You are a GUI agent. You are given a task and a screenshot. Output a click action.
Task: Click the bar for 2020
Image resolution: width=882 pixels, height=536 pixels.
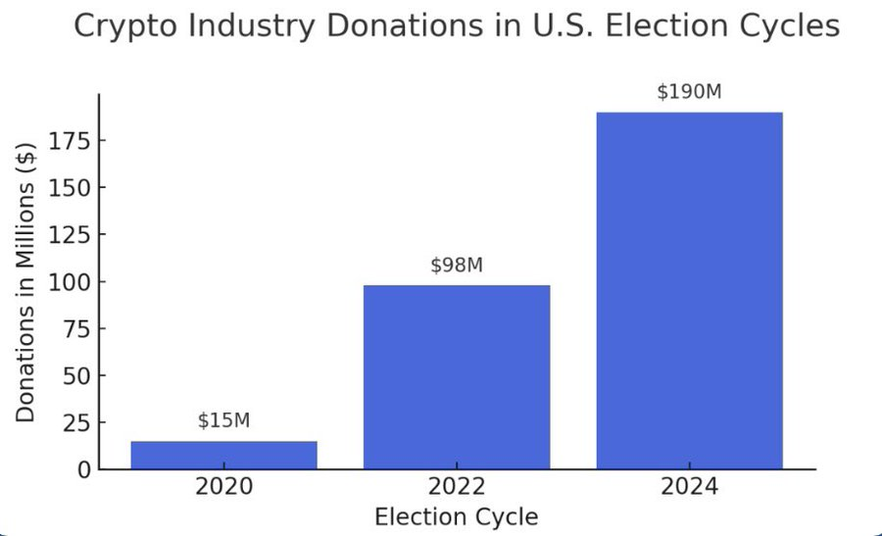223,456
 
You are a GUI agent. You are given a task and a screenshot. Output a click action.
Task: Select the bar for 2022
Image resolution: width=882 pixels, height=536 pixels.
457,377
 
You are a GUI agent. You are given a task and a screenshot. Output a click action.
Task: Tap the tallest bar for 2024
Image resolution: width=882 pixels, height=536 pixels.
689,291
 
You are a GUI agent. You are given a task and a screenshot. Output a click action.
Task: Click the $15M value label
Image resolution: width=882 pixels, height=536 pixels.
223,420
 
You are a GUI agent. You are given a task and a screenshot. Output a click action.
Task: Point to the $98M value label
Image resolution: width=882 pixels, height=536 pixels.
457,265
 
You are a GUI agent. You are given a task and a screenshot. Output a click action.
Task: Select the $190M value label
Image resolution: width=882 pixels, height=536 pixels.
689,92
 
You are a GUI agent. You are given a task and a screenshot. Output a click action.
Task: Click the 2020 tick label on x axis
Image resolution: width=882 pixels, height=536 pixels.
223,487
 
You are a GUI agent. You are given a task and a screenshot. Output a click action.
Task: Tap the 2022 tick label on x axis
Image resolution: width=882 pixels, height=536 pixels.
457,487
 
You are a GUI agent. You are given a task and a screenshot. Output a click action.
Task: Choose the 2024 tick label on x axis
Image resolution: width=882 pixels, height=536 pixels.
689,487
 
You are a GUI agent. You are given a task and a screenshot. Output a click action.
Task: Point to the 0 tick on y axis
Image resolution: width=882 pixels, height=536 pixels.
82,470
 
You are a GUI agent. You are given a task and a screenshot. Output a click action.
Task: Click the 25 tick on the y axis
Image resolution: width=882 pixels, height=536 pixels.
75,423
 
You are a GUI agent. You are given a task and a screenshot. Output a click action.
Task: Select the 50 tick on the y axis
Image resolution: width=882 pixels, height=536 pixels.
75,376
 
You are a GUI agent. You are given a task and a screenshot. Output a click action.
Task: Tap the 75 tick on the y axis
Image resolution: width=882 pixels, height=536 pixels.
75,329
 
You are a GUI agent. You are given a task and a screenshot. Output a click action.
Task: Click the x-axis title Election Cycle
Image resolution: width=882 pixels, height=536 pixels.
457,516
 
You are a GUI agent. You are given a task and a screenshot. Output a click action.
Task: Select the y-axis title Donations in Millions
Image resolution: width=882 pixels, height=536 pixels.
26,282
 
